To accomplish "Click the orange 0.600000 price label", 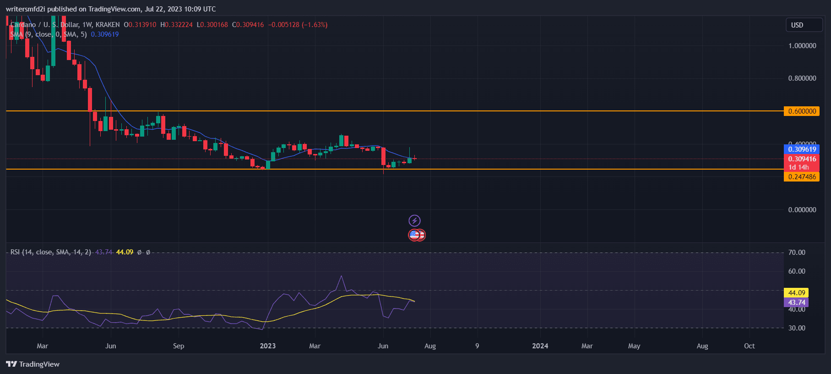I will pyautogui.click(x=801, y=111).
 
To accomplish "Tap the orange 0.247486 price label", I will pyautogui.click(x=801, y=177).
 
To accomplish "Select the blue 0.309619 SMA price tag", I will pyautogui.click(x=801, y=149).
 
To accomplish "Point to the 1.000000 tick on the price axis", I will pyautogui.click(x=802, y=46).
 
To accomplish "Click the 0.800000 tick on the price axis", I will pyautogui.click(x=802, y=78).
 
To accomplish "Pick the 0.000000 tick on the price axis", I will pyautogui.click(x=802, y=210).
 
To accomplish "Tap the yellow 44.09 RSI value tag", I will pyautogui.click(x=796, y=293).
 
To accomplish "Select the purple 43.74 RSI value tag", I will pyautogui.click(x=796, y=302).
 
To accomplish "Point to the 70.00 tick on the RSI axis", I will pyautogui.click(x=797, y=253).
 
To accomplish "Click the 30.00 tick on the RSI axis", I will pyautogui.click(x=797, y=328).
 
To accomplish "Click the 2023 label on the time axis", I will pyautogui.click(x=268, y=346).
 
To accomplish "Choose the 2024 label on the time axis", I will pyautogui.click(x=540, y=346).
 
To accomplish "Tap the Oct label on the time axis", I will pyautogui.click(x=750, y=346).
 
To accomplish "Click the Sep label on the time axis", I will pyautogui.click(x=179, y=346).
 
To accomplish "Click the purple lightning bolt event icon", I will pyautogui.click(x=414, y=221).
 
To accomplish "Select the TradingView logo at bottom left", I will pyautogui.click(x=33, y=364).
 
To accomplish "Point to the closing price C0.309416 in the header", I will pyautogui.click(x=248, y=25).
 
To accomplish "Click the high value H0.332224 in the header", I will pyautogui.click(x=176, y=25).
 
